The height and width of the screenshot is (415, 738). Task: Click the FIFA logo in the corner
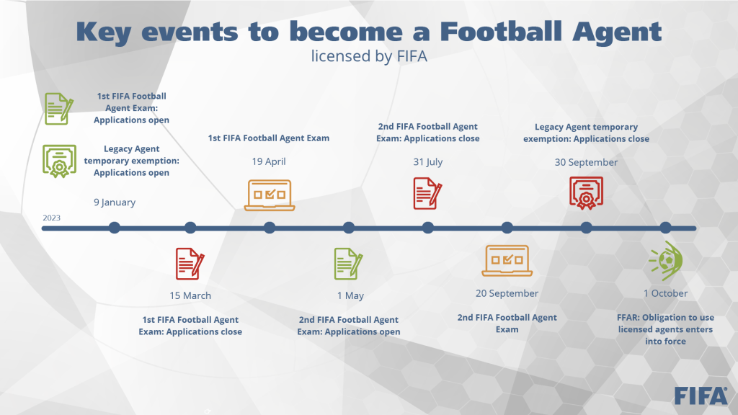(701, 396)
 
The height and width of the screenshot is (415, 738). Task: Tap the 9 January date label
(115, 202)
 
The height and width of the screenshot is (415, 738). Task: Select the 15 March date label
(190, 295)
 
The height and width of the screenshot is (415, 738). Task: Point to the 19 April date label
(269, 161)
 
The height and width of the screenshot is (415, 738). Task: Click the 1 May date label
(350, 295)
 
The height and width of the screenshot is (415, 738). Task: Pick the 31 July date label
(428, 162)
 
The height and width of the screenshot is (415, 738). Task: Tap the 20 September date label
(507, 293)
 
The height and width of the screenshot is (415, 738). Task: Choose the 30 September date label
(586, 162)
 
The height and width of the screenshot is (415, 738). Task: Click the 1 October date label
(665, 293)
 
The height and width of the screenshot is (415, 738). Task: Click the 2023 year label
(51, 218)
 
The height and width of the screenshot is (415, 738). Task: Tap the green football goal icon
(665, 261)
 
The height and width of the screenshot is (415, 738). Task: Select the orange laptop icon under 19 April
(270, 195)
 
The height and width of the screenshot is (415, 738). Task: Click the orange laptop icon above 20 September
(507, 260)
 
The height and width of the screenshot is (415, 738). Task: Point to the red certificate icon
(586, 193)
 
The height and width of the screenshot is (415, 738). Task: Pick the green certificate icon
(59, 161)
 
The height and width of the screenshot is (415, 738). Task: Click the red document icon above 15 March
(190, 264)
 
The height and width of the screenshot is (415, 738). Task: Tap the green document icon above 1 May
(348, 264)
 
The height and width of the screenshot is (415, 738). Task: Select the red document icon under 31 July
(427, 193)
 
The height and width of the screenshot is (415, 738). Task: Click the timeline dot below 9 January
(115, 228)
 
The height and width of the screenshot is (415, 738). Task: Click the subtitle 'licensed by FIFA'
(369, 56)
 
